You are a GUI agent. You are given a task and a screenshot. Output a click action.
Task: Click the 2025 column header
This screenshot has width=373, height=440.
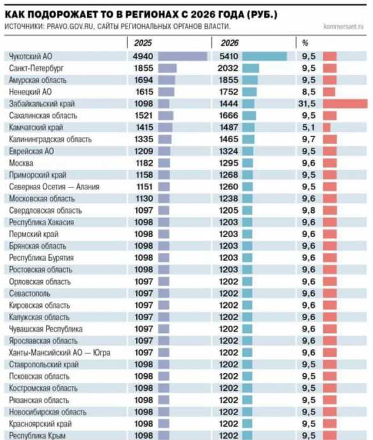coord(143,43)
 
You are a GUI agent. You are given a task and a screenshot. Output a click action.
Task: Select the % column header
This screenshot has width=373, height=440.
coord(305,43)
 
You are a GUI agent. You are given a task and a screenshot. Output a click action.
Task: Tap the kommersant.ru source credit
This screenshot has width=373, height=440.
coord(344,27)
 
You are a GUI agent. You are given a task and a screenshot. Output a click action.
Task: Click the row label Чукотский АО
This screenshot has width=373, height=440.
coord(31,56)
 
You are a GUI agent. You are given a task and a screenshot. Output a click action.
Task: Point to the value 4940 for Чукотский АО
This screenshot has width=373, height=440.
coord(144,56)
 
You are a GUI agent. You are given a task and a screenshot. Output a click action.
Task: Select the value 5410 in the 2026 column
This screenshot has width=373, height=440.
coord(228,56)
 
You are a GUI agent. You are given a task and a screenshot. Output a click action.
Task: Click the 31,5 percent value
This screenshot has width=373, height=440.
coord(309,103)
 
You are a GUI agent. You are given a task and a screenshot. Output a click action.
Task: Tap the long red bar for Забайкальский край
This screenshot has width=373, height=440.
coord(345,103)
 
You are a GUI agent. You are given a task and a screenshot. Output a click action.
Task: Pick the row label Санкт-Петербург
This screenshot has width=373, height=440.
coord(37,68)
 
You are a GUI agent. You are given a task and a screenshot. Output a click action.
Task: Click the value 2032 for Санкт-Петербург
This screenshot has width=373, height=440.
coord(228,68)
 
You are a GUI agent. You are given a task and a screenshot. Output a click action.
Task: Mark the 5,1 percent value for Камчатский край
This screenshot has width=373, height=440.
coord(309,127)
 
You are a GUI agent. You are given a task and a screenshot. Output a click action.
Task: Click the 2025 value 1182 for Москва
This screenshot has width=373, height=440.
coord(144,163)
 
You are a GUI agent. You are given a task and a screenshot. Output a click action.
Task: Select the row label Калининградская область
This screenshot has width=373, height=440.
coord(50,139)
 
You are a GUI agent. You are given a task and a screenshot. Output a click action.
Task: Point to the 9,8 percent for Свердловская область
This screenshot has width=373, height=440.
coord(309,210)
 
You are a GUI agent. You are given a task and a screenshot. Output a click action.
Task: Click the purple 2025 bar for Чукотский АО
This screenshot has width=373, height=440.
coord(182,56)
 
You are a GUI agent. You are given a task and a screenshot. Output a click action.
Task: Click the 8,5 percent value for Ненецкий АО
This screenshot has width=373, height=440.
coord(309,91)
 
